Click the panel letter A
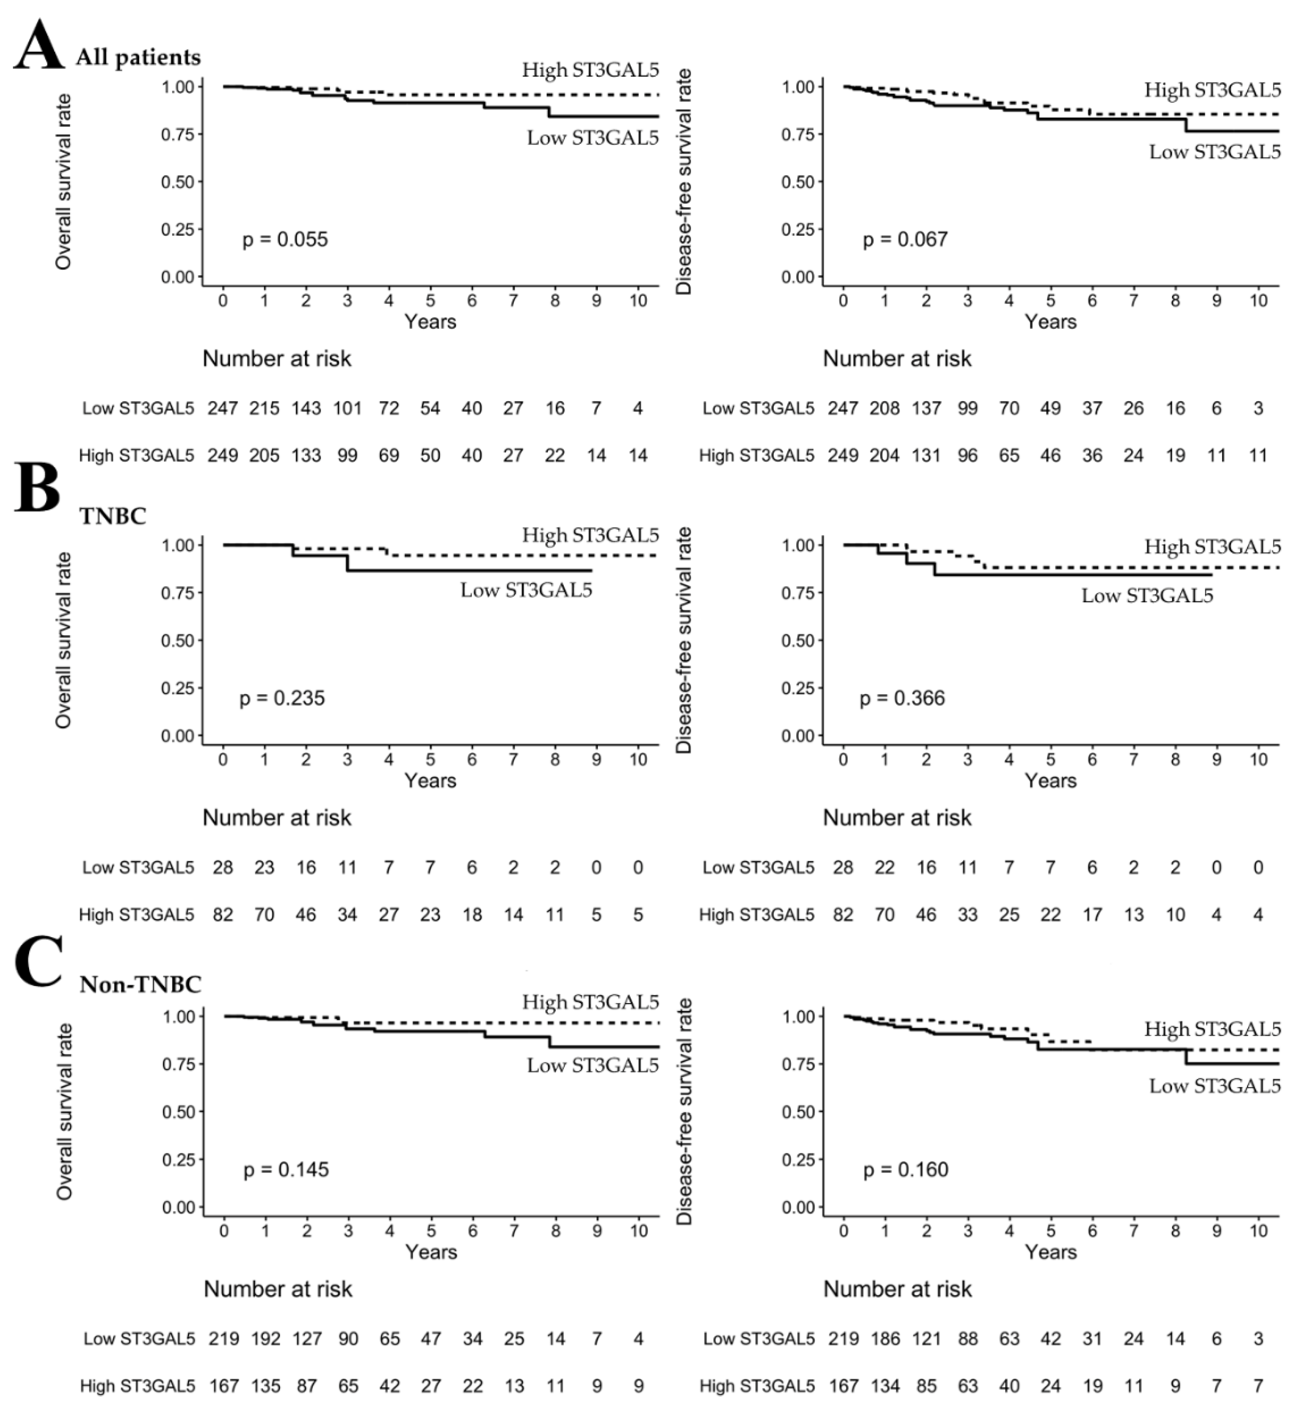click(x=39, y=46)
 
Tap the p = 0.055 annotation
click(x=285, y=239)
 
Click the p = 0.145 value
click(x=286, y=1169)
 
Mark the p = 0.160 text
click(x=905, y=1169)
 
